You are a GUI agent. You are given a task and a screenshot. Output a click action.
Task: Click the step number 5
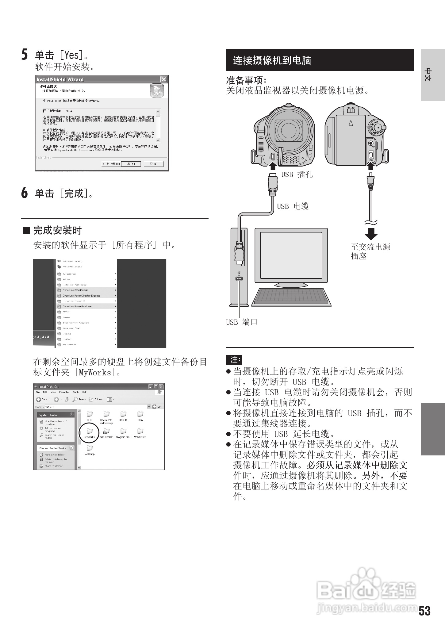[25, 55]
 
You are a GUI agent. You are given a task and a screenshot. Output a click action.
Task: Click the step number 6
[25, 193]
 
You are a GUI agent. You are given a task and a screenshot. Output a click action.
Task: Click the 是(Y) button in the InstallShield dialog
[131, 164]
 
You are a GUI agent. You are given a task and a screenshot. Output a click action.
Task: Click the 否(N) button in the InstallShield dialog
[153, 164]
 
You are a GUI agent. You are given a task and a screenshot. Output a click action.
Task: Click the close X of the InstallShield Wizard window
[164, 79]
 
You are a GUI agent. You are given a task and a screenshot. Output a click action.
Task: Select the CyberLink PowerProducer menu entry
[77, 306]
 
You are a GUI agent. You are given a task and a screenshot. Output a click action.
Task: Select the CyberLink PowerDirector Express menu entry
[81, 296]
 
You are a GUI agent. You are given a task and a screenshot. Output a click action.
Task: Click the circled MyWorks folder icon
[90, 432]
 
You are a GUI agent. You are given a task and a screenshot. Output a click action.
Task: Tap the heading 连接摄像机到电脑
[272, 60]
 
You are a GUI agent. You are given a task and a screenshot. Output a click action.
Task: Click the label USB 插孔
[297, 175]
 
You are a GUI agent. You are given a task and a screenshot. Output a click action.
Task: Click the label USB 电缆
[293, 206]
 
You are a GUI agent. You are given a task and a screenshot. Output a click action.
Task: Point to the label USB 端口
[242, 322]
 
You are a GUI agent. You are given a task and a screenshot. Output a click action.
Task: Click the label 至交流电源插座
[370, 251]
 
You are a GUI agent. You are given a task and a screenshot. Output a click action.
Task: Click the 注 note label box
[234, 359]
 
